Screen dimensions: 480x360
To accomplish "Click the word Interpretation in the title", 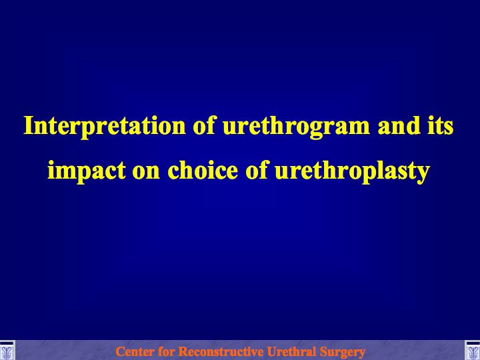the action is point(105,127).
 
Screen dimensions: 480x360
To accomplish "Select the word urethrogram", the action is point(296,127).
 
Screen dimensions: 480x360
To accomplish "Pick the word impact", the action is point(87,171).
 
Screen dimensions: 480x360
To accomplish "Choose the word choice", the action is point(203,169).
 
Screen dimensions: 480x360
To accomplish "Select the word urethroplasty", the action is point(353,171).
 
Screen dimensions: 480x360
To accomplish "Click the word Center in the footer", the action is point(135,351).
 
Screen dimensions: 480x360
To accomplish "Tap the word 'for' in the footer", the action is point(167,351).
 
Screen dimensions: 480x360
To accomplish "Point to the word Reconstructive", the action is point(221,351).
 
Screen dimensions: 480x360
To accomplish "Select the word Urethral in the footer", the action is point(291,351).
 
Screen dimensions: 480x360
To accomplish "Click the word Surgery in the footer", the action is point(342,352).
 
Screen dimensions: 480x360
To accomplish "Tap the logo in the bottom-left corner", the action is point(7,350).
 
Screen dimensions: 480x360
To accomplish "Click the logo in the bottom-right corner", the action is point(473,350).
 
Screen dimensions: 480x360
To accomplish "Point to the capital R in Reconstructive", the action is point(184,351).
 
